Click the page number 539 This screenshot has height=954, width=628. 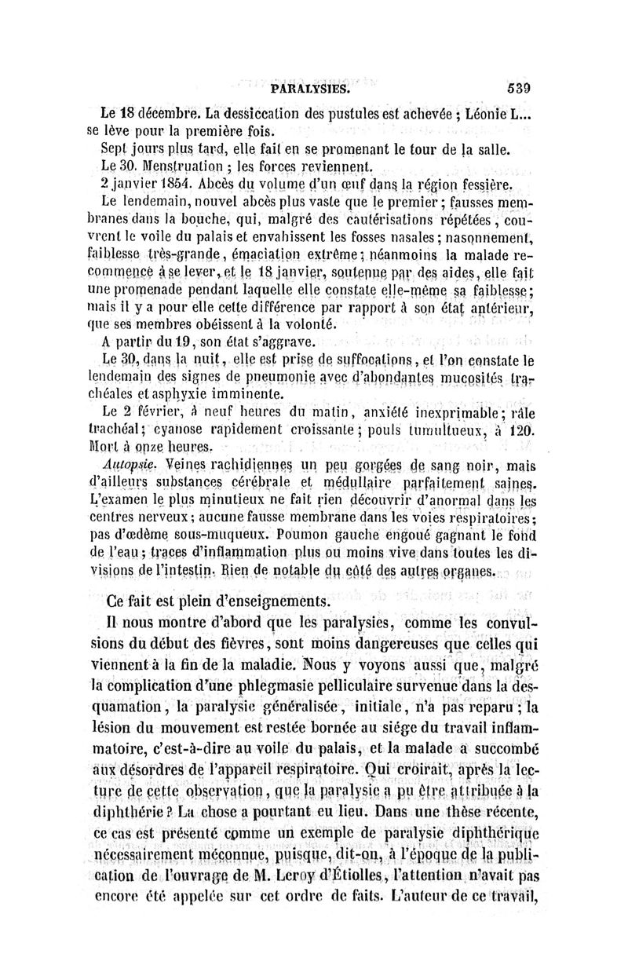pyautogui.click(x=519, y=89)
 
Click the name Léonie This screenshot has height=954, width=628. pyautogui.click(x=492, y=112)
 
